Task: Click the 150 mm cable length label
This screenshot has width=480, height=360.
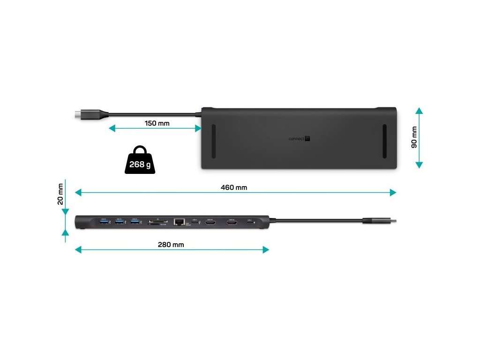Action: point(157,124)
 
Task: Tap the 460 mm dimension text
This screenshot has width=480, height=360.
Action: point(233,187)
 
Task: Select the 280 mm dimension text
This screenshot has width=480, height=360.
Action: point(171,245)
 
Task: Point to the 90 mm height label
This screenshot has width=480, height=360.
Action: point(414,137)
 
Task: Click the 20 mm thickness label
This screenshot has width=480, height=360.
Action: point(60,194)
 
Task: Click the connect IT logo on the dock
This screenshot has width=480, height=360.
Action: point(300,139)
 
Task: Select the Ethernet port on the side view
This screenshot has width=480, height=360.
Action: point(179,222)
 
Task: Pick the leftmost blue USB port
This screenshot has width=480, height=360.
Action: point(103,222)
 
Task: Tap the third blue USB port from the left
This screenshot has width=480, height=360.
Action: point(135,222)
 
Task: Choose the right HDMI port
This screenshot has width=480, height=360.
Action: point(232,222)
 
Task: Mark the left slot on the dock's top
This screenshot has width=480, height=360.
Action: point(213,141)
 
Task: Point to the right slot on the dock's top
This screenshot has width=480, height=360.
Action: point(384,141)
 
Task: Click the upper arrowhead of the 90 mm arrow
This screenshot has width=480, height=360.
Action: point(419,111)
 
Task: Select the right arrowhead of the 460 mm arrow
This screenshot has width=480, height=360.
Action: point(393,192)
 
